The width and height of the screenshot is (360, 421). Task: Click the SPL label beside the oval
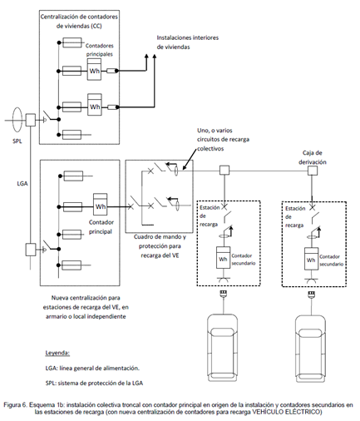[17, 141]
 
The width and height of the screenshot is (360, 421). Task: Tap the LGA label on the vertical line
[22, 183]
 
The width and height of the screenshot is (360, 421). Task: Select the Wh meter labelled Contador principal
[101, 205]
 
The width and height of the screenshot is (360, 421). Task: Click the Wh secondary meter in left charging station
[223, 258]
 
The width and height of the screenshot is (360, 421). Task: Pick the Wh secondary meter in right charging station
[311, 259]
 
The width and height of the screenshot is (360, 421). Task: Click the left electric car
[223, 348]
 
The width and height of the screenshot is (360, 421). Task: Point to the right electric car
[310, 348]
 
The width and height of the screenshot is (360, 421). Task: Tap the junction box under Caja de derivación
[313, 171]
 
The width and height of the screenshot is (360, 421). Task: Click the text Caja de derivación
[313, 157]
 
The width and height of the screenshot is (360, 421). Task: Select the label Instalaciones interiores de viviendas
[188, 42]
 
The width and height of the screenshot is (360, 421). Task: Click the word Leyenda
[57, 353]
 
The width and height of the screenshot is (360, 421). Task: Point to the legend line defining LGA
[92, 368]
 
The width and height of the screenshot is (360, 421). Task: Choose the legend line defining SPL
[94, 383]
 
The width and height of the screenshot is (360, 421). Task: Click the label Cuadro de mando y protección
[160, 246]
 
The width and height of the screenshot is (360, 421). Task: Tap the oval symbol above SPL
[17, 120]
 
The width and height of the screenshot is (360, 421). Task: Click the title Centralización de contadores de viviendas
[79, 21]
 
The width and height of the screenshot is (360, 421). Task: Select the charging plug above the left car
[223, 294]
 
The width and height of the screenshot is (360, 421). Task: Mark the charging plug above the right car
[311, 295]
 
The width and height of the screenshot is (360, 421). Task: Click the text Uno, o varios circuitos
[223, 139]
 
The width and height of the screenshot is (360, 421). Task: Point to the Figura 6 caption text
[179, 409]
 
